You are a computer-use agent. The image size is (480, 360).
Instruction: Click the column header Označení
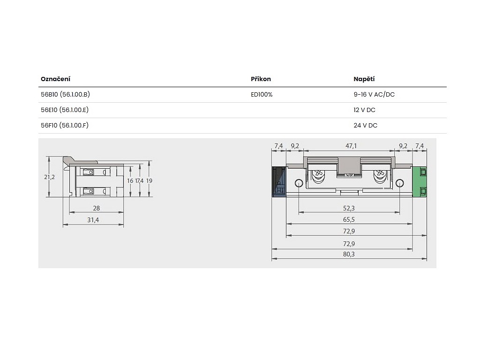pyautogui.click(x=55, y=79)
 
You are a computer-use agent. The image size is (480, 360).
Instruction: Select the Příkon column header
pyautogui.click(x=261, y=79)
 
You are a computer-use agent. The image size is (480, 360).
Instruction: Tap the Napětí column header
pyautogui.click(x=364, y=79)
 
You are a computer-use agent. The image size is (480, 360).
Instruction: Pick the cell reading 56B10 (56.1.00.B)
pyautogui.click(x=65, y=94)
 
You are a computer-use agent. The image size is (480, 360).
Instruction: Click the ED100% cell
pyautogui.click(x=262, y=95)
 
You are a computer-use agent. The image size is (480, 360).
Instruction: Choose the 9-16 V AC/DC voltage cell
pyautogui.click(x=374, y=94)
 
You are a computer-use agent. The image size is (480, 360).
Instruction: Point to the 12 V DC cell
pyautogui.click(x=364, y=110)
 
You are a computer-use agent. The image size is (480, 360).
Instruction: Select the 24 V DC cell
pyautogui.click(x=365, y=125)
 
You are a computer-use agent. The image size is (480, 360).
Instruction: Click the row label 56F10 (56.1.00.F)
pyautogui.click(x=65, y=125)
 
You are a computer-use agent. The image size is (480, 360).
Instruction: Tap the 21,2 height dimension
pyautogui.click(x=49, y=177)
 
